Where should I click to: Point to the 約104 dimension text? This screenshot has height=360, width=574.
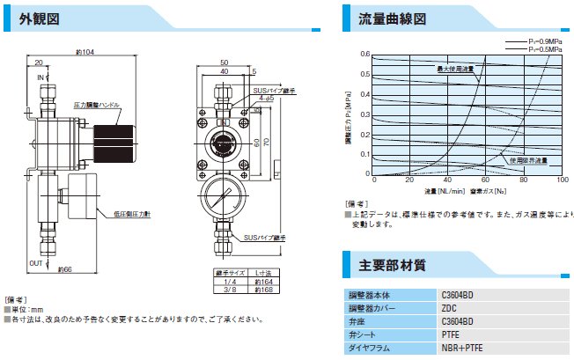[85, 52]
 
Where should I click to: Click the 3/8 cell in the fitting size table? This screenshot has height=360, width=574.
[228, 288]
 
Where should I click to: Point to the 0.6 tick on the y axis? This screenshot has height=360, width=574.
[364, 54]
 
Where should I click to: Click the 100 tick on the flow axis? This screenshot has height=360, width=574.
[563, 180]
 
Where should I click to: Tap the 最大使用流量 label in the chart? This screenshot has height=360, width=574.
[456, 68]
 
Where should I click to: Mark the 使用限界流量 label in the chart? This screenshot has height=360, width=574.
[528, 161]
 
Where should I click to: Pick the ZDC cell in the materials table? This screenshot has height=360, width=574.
[449, 309]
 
